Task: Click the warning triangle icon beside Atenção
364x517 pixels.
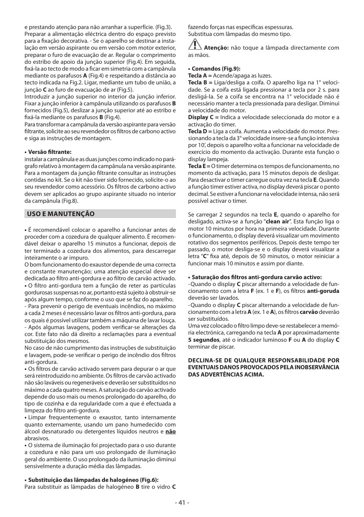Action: tap(195, 45)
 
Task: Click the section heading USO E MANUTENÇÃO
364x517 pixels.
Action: tap(60, 214)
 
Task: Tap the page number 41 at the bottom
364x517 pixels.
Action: tap(182, 502)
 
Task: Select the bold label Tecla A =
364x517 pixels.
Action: tap(200, 76)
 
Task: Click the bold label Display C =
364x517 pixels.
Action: tap(203, 117)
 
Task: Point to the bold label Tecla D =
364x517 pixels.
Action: tap(200, 131)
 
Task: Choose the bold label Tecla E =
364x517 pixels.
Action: tap(199, 166)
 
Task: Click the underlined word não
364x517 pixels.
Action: tap(171, 431)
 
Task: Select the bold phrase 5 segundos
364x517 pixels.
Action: tap(203, 340)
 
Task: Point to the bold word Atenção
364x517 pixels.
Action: tap(216, 48)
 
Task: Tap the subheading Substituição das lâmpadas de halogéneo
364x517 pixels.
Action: tap(92, 480)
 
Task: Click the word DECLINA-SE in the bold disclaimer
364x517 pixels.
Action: tap(205, 360)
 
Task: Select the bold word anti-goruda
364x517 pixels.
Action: tap(323, 291)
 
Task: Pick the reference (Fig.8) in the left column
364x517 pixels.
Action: tap(70, 201)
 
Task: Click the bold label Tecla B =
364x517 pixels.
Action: tap(200, 82)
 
